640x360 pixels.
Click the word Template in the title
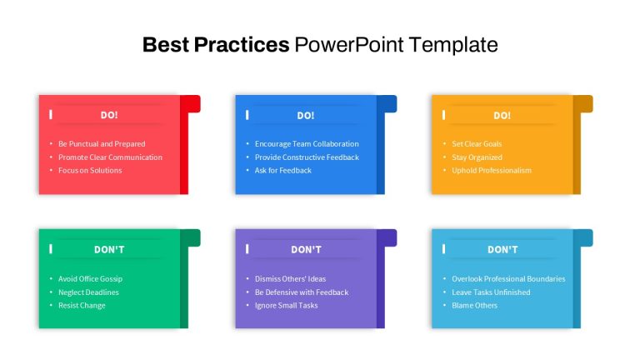pos(453,45)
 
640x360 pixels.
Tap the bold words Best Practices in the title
pos(216,44)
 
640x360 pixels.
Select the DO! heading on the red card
pos(109,115)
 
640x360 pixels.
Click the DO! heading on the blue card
pos(306,116)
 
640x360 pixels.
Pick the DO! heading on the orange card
pos(502,116)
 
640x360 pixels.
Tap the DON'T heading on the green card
pos(109,249)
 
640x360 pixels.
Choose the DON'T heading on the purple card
pos(306,249)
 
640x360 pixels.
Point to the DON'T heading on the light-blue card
pos(502,249)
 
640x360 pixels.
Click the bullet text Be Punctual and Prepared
pos(102,143)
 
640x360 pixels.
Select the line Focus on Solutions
pos(90,170)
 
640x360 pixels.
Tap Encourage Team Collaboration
pos(307,143)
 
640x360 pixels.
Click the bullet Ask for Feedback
pos(283,170)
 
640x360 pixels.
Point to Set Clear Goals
pos(477,143)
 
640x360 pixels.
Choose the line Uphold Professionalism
pos(492,170)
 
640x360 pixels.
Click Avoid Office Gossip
pos(90,279)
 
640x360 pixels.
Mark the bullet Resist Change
pos(82,305)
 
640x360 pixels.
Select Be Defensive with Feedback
pos(302,292)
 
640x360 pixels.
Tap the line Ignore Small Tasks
pos(286,305)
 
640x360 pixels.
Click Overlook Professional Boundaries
pos(508,279)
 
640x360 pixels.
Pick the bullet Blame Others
pos(475,305)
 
